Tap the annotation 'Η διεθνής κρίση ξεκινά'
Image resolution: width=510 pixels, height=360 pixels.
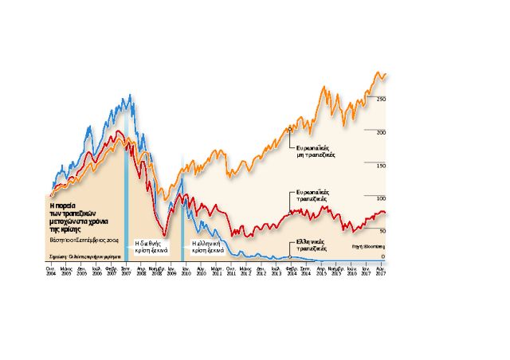[149, 245]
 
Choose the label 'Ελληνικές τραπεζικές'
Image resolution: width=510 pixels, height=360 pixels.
[311, 245]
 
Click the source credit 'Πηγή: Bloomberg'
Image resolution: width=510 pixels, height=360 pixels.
[367, 247]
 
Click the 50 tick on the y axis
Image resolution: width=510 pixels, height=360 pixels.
[383, 232]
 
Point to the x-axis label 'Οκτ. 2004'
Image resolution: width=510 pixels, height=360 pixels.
[51, 272]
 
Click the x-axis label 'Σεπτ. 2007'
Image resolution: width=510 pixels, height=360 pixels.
[126, 272]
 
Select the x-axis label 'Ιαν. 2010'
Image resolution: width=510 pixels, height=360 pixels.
[185, 272]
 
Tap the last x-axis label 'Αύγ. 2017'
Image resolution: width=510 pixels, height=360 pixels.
[381, 272]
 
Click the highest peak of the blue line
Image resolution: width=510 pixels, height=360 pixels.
[130, 96]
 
